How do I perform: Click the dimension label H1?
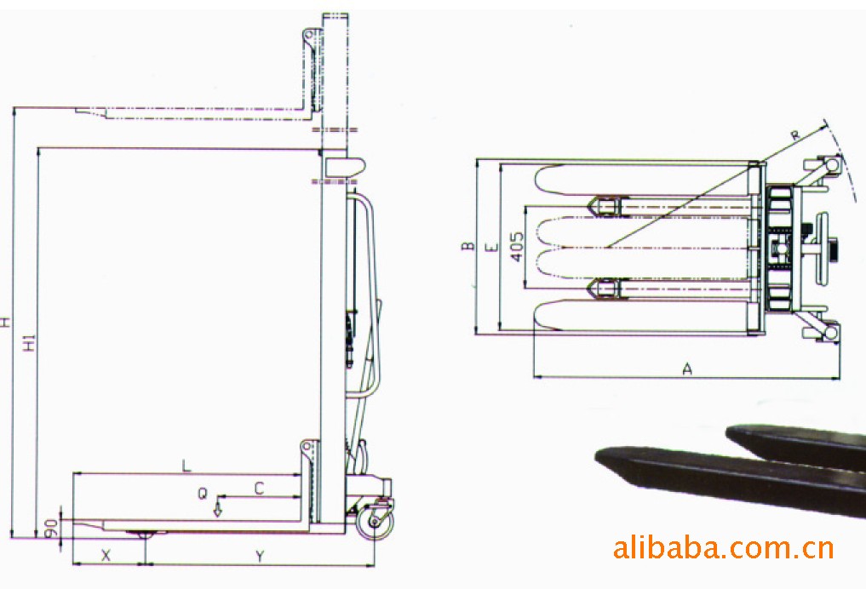pos(30,341)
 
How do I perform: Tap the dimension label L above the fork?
pos(186,466)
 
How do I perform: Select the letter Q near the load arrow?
pos(204,493)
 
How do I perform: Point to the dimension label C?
pos(259,488)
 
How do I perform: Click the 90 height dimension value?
pos(51,529)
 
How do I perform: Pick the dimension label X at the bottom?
pos(106,555)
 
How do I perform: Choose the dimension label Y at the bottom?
pos(260,557)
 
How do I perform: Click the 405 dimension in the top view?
pos(517,246)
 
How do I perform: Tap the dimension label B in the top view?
pos(467,246)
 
